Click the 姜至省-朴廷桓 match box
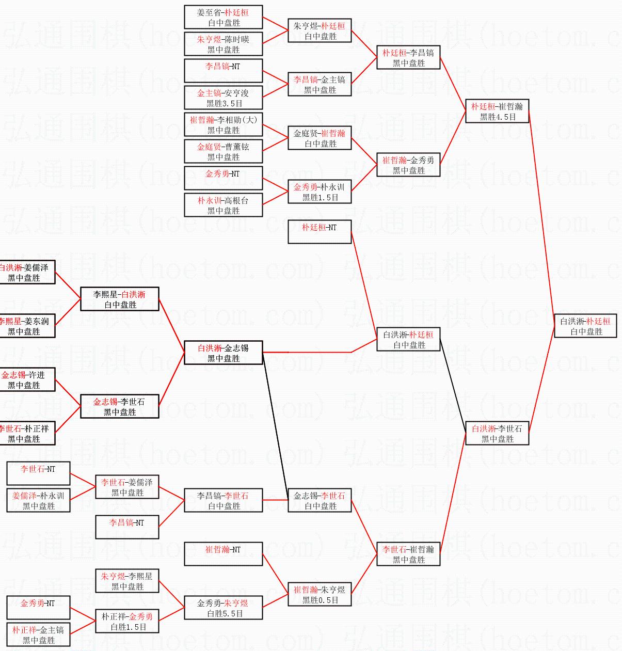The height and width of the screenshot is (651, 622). click(223, 17)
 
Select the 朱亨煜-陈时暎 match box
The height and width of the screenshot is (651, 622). click(223, 44)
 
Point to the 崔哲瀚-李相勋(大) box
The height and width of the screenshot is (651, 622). click(223, 124)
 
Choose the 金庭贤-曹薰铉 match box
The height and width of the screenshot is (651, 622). click(223, 151)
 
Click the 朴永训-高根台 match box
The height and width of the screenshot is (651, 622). click(223, 205)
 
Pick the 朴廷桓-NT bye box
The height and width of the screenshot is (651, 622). click(319, 232)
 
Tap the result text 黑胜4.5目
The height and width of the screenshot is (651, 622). click(498, 117)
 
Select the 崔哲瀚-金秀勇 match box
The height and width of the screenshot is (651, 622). click(408, 165)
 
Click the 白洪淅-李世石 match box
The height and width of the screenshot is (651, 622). click(497, 433)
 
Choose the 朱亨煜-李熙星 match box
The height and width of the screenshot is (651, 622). click(127, 581)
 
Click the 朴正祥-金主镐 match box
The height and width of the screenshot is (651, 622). click(38, 634)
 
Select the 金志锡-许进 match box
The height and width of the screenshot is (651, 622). click(26, 379)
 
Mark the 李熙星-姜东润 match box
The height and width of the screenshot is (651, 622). click(26, 326)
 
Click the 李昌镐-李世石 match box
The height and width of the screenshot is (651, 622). click(223, 500)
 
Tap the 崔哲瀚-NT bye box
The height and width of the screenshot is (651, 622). click(223, 554)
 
